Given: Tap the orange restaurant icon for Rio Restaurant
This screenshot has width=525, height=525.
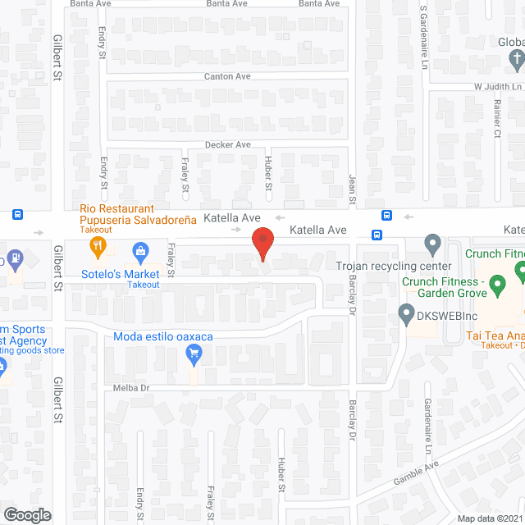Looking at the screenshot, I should coord(98,245).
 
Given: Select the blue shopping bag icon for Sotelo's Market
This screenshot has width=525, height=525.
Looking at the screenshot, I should coord(139,249).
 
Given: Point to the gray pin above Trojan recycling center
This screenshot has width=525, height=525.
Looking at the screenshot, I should coord(432,244).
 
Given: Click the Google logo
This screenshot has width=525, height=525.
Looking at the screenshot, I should coord(26,515).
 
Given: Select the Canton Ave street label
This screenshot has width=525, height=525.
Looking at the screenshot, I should coord(227,76).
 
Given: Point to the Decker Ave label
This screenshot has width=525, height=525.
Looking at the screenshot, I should coord(227,144).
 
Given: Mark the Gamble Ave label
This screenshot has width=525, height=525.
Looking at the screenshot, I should coord(417,476).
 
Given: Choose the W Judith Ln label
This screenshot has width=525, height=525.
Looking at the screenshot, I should coord(497,86).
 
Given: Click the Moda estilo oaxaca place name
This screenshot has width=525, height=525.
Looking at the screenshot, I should coord(163,337).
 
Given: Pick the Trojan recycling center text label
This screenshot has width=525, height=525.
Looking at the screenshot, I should coord(394,267).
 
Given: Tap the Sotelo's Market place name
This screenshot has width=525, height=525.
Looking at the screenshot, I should coord(120,273).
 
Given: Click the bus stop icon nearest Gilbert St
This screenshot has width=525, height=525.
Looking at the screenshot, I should coord(17,215).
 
